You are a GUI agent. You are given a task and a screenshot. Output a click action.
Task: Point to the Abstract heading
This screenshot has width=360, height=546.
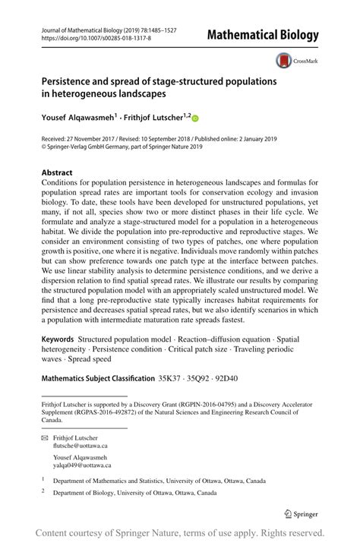[57, 173]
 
